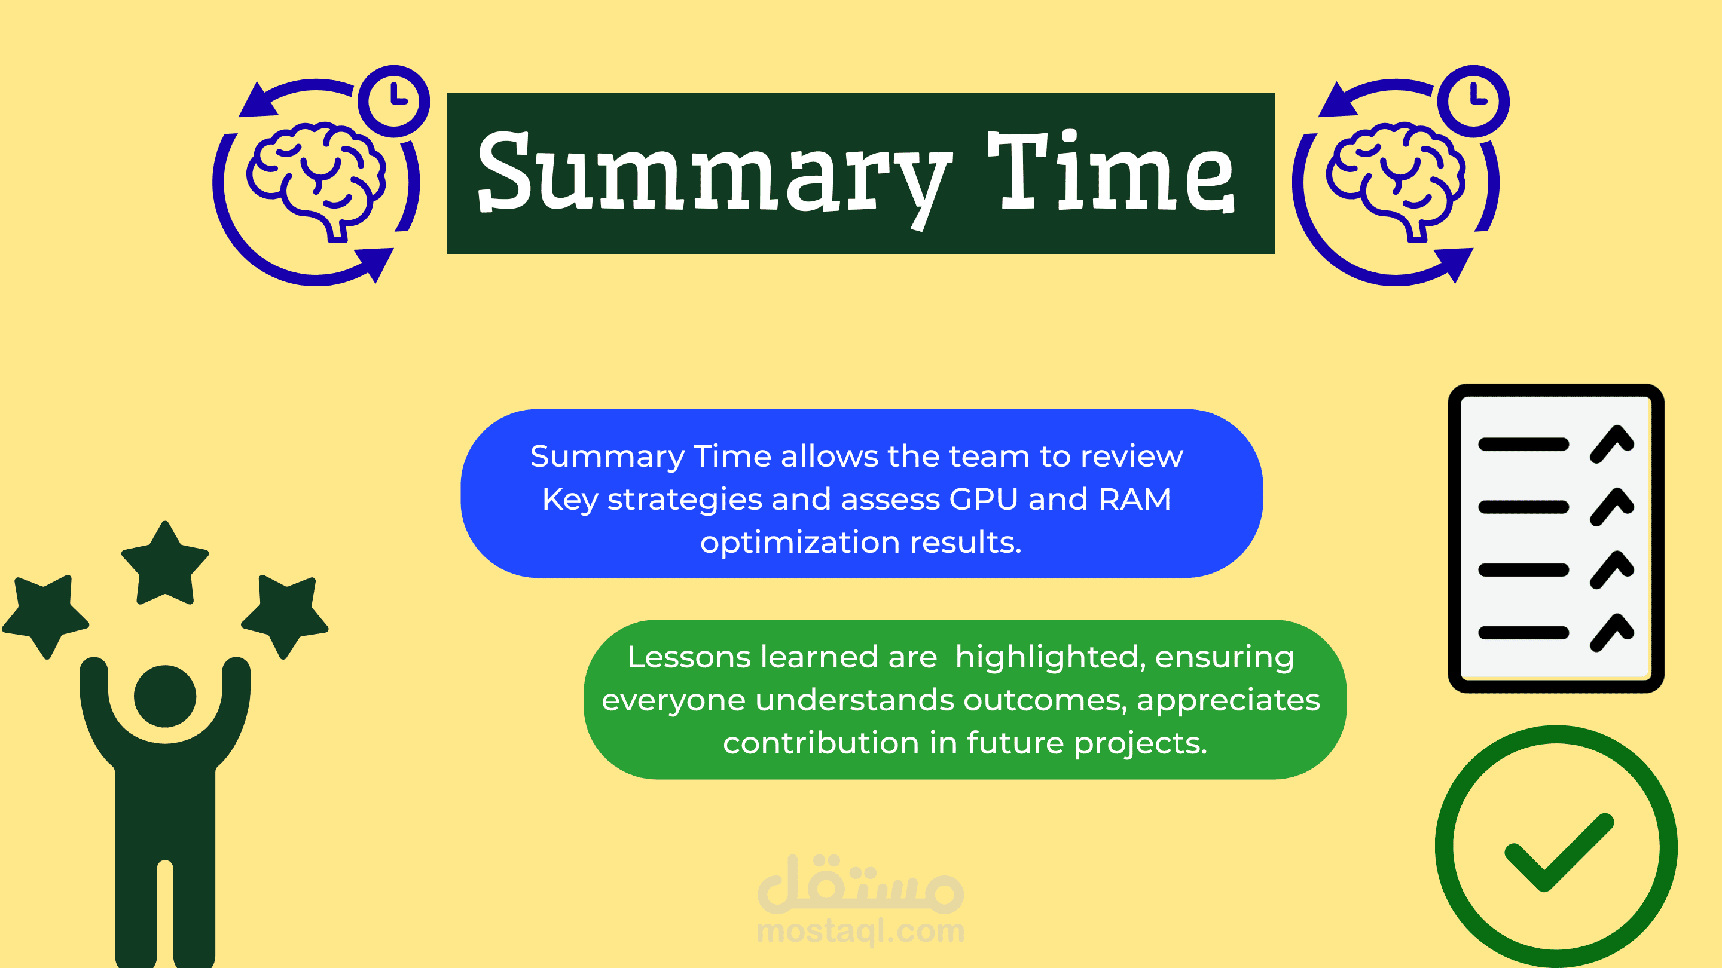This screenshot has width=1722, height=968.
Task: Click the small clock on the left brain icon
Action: tap(394, 101)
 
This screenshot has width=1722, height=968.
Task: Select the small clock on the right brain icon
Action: tap(1473, 101)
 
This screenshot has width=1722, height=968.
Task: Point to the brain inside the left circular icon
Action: tap(316, 180)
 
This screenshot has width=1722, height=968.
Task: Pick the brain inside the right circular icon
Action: tap(1396, 180)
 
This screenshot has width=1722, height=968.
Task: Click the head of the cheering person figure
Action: tap(165, 696)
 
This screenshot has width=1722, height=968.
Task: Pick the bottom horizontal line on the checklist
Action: tap(1523, 633)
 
